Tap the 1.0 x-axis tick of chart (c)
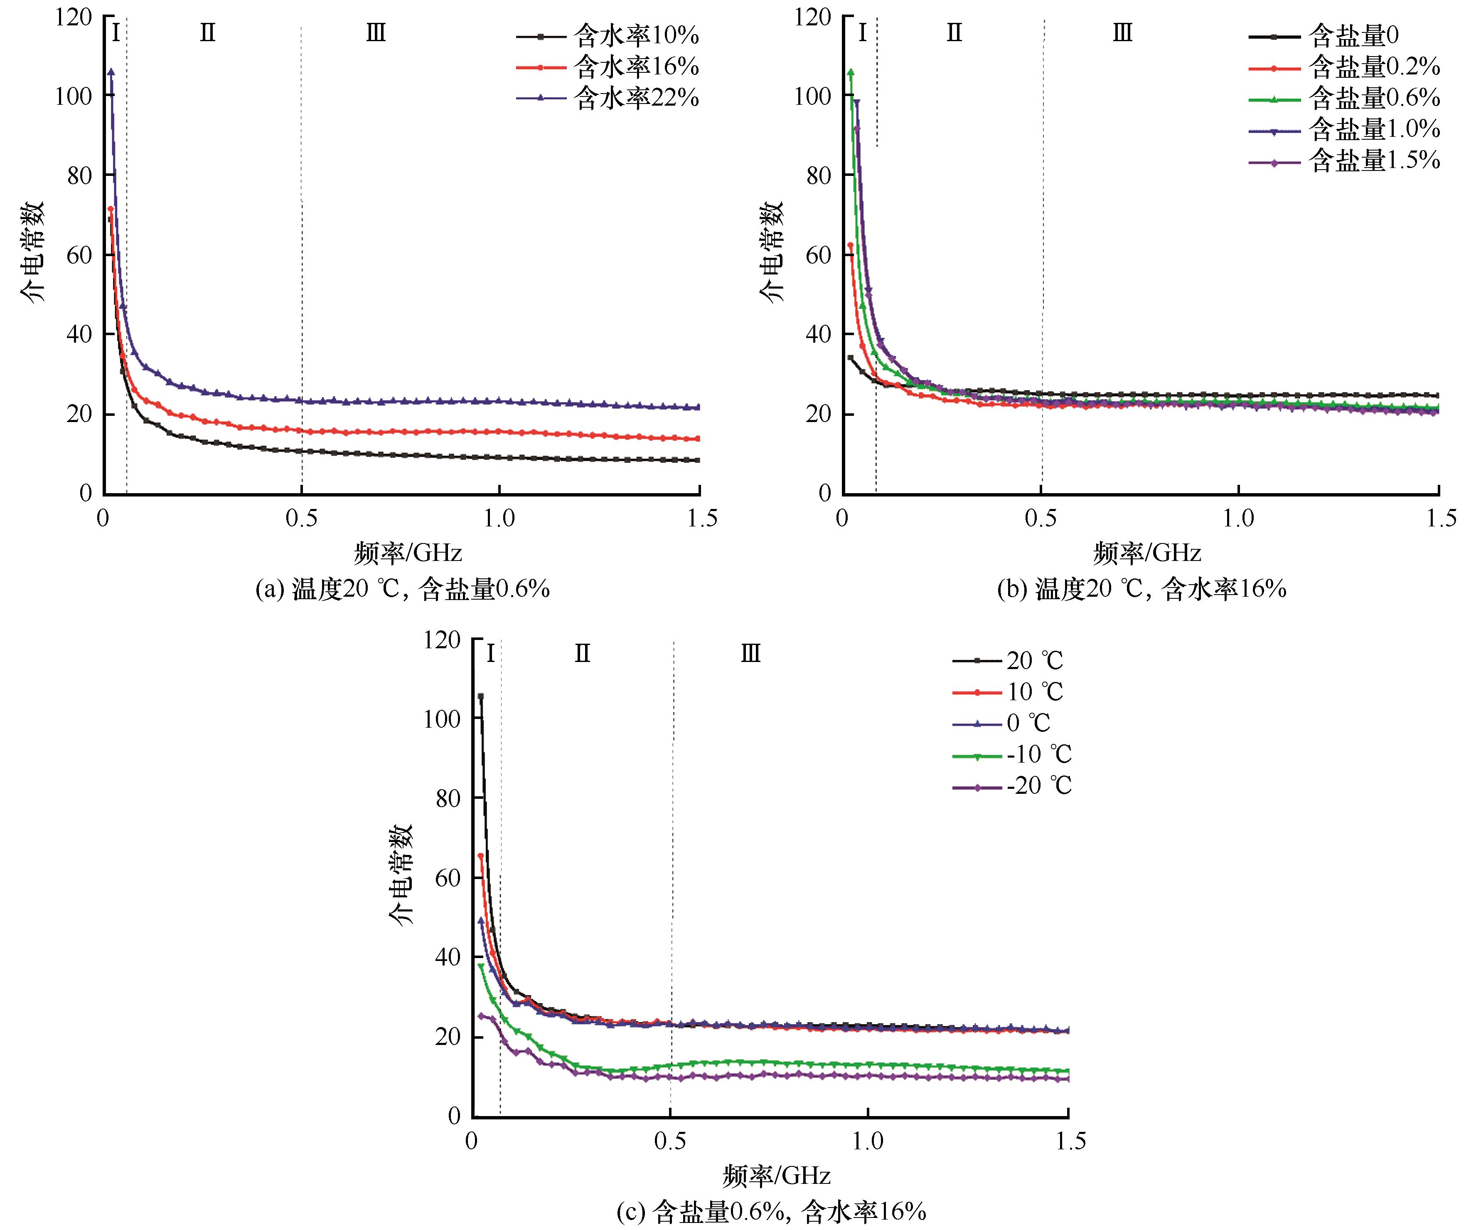coord(868,1141)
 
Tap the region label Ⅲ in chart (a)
coord(376,32)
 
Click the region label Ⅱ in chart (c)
coord(582,654)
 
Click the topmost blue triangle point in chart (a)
coord(111,72)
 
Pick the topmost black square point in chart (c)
coord(481,696)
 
